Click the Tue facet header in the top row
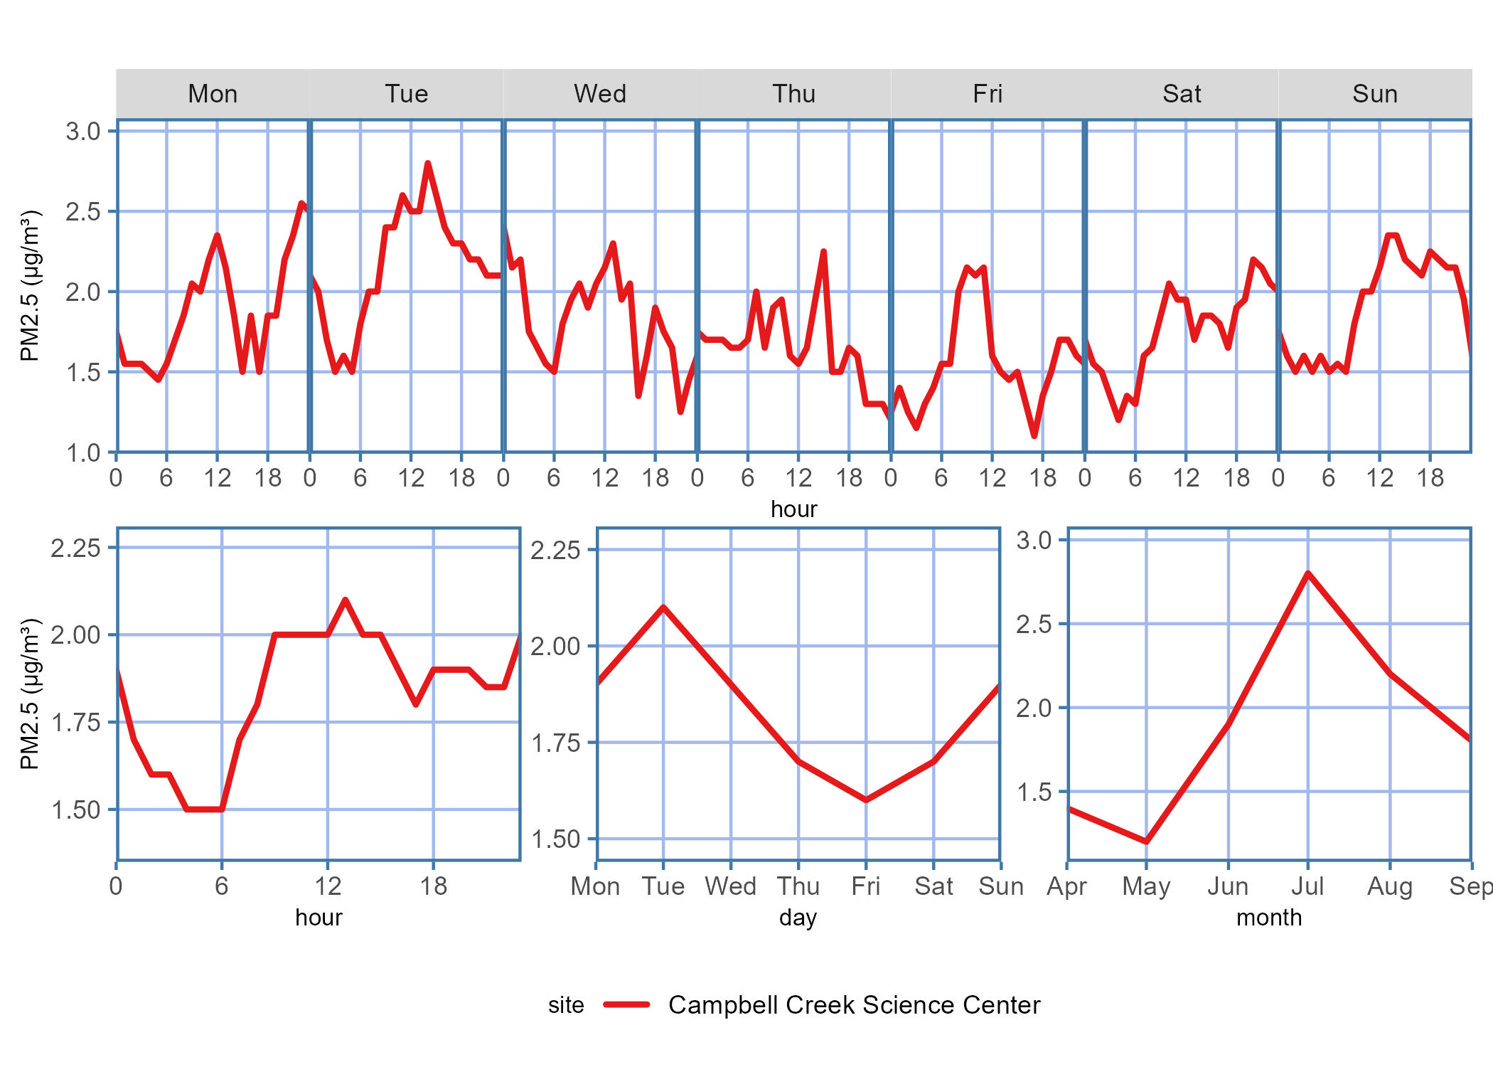click(407, 94)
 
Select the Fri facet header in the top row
click(988, 94)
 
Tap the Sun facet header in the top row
click(1374, 94)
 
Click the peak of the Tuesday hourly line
click(427, 164)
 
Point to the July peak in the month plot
click(1307, 573)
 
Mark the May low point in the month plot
click(1146, 842)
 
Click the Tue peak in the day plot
click(663, 607)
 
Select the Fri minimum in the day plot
click(866, 800)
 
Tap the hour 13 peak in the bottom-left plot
click(346, 600)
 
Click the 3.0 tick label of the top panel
click(83, 132)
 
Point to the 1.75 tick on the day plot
click(555, 743)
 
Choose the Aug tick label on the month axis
click(1389, 886)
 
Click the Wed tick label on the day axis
click(730, 886)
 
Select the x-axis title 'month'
click(1269, 918)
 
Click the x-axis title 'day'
click(798, 918)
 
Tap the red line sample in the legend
click(626, 1004)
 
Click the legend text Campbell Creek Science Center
click(854, 1004)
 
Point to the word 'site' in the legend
click(566, 1004)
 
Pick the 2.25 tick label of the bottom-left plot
click(75, 548)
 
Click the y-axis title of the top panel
click(30, 285)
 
